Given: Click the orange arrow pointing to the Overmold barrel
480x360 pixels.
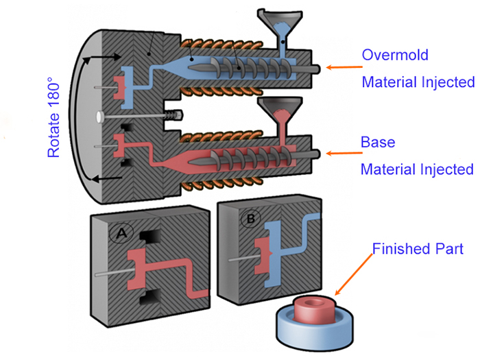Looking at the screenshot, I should pyautogui.click(x=341, y=67).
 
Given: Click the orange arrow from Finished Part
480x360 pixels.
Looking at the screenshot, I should pyautogui.click(x=354, y=276).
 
